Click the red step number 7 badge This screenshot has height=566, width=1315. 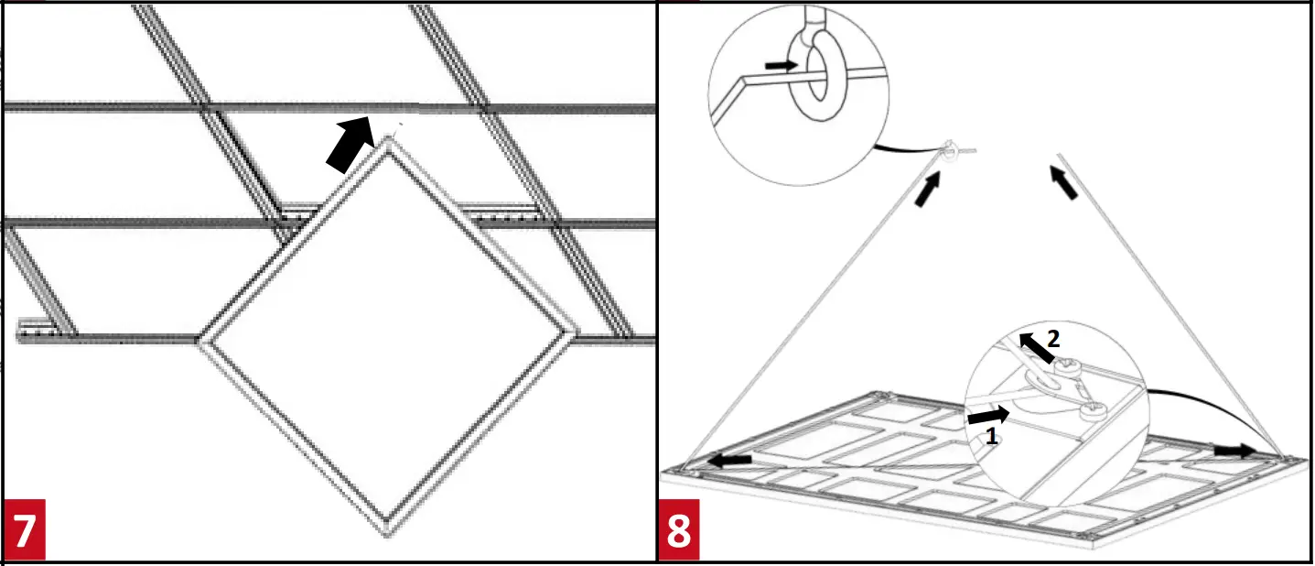(25, 530)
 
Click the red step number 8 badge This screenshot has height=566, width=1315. (679, 530)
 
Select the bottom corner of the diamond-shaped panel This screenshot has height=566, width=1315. (389, 530)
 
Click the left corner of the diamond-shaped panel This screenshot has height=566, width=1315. (200, 341)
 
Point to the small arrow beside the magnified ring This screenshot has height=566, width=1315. (781, 65)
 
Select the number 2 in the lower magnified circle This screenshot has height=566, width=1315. (1053, 339)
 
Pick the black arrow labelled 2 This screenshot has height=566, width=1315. (1037, 348)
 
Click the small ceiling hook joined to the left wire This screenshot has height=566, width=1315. (950, 148)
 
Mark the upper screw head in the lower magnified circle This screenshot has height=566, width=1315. (1067, 369)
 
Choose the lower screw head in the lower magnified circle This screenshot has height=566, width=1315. (1093, 411)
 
